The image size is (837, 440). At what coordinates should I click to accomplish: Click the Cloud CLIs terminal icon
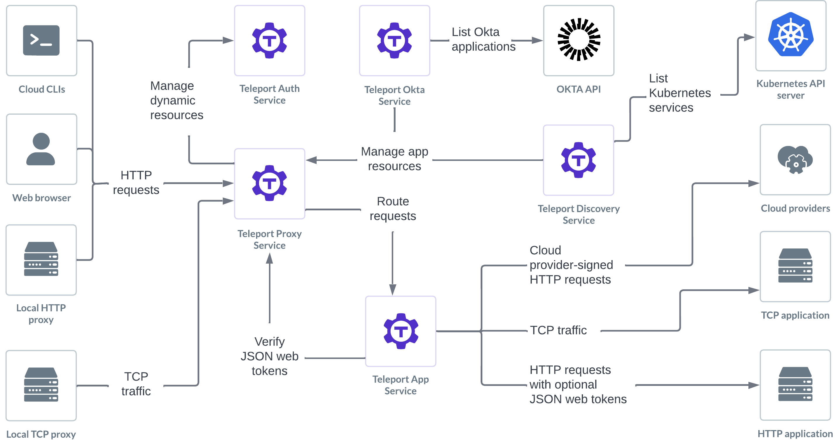pos(41,40)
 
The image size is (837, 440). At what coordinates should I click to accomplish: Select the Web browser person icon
pos(41,149)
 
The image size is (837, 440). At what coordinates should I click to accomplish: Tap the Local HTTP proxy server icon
pos(41,259)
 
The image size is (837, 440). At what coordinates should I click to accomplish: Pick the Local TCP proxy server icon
pos(41,385)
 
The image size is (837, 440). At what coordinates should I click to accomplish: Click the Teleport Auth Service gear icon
pos(269,40)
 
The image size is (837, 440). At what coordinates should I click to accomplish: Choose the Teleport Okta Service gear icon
pos(394,40)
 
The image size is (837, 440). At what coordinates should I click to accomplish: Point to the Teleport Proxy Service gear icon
pos(269,183)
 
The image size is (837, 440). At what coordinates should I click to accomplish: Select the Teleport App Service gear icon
pos(401,331)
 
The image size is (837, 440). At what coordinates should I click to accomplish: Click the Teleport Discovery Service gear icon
pos(578,160)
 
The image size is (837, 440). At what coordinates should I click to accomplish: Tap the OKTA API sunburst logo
pos(579,40)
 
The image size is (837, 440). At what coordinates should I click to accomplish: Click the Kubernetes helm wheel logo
pos(791,35)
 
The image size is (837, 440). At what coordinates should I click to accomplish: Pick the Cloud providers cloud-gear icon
pos(795,159)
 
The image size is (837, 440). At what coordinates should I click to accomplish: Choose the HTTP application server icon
pos(795,384)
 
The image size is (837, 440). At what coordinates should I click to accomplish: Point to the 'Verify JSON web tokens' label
pos(269,356)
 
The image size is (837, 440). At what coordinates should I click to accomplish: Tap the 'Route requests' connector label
pos(393,209)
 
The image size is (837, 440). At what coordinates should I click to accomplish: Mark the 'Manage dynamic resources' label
pos(176,100)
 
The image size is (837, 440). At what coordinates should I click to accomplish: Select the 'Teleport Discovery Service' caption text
pos(578,214)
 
